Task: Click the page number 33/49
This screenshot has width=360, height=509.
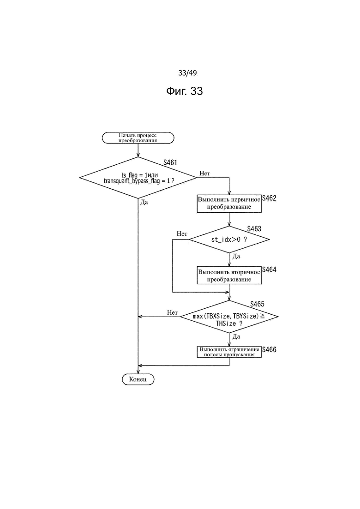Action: click(x=187, y=73)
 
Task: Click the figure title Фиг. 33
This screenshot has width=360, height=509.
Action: click(x=184, y=91)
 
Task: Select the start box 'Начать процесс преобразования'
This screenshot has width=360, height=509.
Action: click(x=138, y=138)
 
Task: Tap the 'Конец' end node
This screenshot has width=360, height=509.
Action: click(x=138, y=379)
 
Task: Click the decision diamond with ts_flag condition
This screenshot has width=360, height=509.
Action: click(x=138, y=178)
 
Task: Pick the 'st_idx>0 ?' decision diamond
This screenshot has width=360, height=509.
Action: click(x=229, y=240)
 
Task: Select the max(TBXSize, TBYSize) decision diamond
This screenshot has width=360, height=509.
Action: click(x=229, y=317)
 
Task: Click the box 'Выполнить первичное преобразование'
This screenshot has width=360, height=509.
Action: click(x=229, y=204)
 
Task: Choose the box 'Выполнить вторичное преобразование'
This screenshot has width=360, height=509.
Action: click(x=229, y=275)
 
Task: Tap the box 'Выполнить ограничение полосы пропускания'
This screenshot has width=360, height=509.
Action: click(x=229, y=352)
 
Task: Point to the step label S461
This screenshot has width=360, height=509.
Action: click(x=170, y=162)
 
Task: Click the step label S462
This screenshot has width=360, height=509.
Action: click(x=269, y=198)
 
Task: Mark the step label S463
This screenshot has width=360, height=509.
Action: click(x=254, y=228)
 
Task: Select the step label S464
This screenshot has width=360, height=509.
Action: click(x=269, y=269)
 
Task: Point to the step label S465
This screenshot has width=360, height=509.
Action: click(x=257, y=304)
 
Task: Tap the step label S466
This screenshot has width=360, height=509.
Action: click(x=269, y=350)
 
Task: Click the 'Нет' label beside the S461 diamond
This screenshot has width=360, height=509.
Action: click(x=205, y=174)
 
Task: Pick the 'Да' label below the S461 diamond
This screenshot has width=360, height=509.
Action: click(x=144, y=202)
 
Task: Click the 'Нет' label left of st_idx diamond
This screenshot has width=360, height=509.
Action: click(x=182, y=234)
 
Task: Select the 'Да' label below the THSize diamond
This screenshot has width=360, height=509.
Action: click(x=236, y=336)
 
